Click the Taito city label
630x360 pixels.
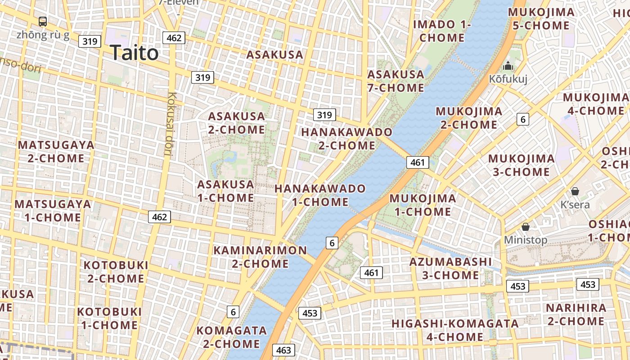click(x=134, y=53)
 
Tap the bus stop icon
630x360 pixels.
click(x=43, y=21)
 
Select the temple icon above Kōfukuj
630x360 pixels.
click(x=508, y=66)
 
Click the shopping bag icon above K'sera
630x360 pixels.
click(x=575, y=191)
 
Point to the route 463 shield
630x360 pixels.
click(x=283, y=350)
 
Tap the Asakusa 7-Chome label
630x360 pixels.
click(x=396, y=81)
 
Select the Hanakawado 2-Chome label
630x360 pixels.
click(x=346, y=139)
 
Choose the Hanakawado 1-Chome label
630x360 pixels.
click(x=320, y=195)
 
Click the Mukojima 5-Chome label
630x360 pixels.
click(x=541, y=19)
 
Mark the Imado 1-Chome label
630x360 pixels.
click(x=442, y=31)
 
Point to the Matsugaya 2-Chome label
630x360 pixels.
click(x=56, y=152)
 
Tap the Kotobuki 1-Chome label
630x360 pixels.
click(x=109, y=318)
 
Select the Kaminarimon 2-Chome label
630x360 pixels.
click(x=260, y=256)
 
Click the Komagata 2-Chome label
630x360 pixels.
click(x=231, y=337)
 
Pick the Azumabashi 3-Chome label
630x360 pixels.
click(x=450, y=268)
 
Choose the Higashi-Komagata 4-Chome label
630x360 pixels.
click(x=454, y=330)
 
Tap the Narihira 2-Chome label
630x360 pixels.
click(x=576, y=315)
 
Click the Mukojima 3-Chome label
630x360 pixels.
click(x=521, y=165)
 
